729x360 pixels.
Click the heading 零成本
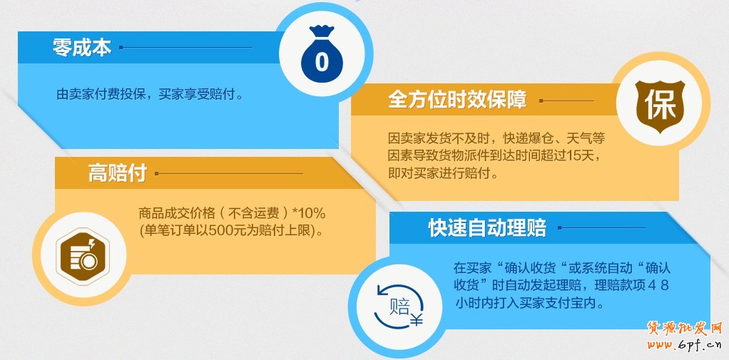pos(82,47)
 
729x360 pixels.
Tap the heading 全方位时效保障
pos(457,100)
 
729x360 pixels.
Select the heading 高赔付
pos(118,173)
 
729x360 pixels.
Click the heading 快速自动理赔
pos(487,228)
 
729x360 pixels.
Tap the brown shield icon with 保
pos(660,107)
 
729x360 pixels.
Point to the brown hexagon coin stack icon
pos(83,256)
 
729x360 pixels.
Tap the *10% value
pos(309,214)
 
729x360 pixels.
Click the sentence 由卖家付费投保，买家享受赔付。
pos(150,95)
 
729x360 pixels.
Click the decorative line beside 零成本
pos(186,47)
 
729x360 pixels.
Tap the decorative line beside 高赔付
pos(229,174)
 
